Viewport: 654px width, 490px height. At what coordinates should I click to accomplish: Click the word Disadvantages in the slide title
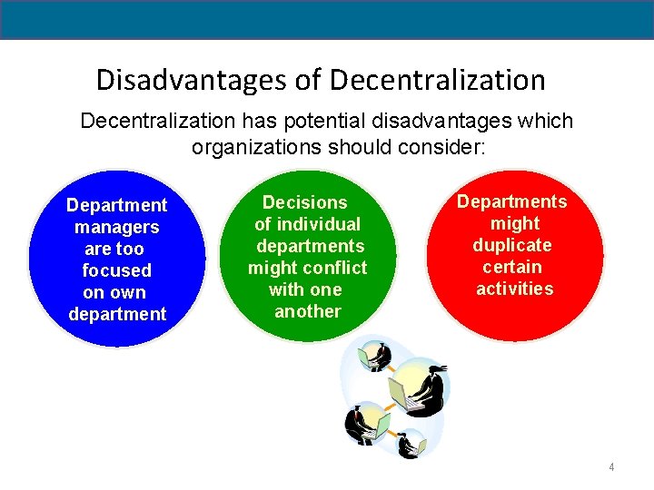(x=193, y=80)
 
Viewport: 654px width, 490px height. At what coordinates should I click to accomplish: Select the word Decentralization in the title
(x=438, y=80)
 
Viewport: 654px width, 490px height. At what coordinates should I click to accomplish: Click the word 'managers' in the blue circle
(x=116, y=227)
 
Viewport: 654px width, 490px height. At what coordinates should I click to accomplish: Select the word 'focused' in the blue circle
(x=116, y=270)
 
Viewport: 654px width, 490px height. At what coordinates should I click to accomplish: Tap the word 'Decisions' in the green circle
(x=304, y=202)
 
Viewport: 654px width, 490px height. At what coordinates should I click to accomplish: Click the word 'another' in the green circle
(x=307, y=311)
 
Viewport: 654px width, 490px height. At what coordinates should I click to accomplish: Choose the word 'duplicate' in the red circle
(x=511, y=245)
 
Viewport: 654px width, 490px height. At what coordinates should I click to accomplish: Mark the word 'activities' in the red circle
(x=514, y=289)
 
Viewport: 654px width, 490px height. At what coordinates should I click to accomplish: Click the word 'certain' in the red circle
(x=511, y=267)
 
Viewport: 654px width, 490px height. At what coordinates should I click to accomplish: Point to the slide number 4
(x=611, y=467)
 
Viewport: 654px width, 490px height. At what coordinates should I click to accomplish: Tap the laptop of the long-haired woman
(x=402, y=392)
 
